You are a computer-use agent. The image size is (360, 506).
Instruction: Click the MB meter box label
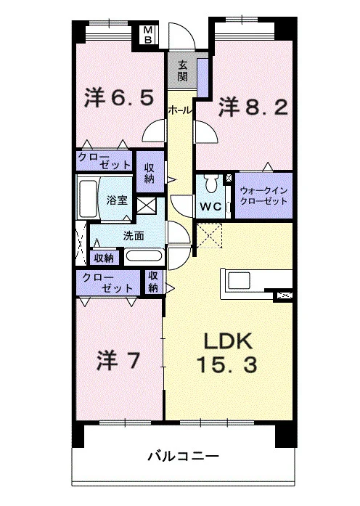point(148,35)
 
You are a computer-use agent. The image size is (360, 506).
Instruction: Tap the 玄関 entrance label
point(182,71)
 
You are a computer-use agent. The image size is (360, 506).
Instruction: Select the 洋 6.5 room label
point(119,97)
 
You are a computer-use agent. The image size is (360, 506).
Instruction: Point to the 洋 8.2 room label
point(253,107)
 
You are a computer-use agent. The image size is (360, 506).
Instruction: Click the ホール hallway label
point(180,110)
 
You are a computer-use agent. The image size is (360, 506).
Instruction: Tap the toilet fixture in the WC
point(212,184)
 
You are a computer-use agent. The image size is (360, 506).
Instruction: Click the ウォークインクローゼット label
point(264,196)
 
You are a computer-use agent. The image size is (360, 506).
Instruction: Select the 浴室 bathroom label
point(117,200)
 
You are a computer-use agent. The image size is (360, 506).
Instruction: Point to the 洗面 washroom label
point(134,236)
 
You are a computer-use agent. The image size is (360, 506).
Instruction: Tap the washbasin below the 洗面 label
point(144,256)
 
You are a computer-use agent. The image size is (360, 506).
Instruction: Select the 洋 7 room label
point(118,361)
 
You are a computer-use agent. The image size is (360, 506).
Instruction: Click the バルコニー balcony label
point(183,457)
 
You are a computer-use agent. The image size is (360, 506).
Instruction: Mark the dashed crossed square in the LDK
point(209,235)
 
